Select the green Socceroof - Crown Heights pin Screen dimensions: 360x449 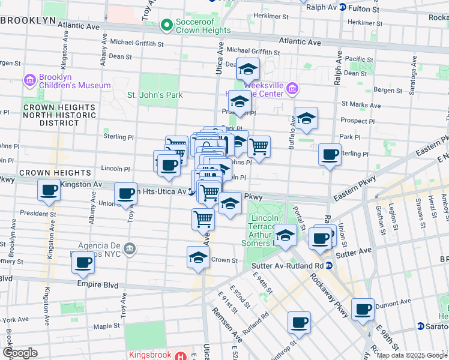point(166,26)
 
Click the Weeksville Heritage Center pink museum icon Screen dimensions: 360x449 point(292,89)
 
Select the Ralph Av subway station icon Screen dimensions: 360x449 point(342,8)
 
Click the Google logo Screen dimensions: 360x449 point(20,352)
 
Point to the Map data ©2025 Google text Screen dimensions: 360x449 point(411,355)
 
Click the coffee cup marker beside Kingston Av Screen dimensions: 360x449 point(49,191)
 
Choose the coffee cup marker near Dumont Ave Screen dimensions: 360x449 point(363,309)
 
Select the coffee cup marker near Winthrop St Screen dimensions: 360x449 point(298,322)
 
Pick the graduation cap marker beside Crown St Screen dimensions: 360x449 point(198,257)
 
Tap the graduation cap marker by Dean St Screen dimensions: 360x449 point(247,70)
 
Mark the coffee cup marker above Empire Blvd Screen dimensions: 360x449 point(85,263)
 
